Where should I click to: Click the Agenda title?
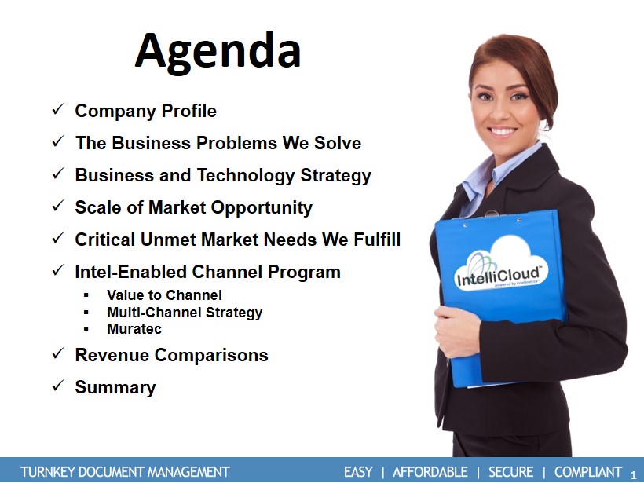[218, 52]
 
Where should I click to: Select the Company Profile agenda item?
[145, 111]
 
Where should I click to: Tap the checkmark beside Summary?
[58, 386]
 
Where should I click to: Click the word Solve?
[338, 143]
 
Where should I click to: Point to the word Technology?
[246, 175]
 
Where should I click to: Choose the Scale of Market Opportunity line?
[193, 207]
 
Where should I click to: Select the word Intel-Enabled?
[130, 272]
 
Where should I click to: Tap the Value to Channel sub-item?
[164, 295]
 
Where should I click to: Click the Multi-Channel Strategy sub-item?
[185, 313]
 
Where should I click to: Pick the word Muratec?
[134, 329]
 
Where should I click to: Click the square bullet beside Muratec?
[86, 329]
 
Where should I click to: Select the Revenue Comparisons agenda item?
[171, 355]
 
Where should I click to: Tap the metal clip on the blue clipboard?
[492, 214]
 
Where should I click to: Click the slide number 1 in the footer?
[633, 475]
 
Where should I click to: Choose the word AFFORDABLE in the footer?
[430, 472]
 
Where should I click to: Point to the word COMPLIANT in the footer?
[588, 472]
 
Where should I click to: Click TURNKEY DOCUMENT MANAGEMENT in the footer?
[125, 472]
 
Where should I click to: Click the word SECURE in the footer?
[511, 472]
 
